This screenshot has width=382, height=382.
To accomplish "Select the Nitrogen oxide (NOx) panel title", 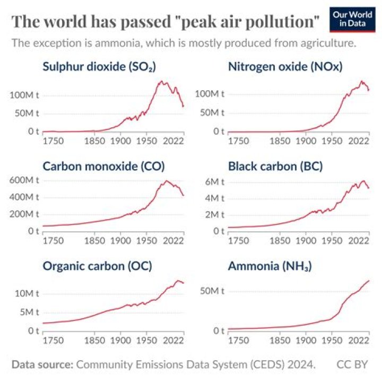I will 285,67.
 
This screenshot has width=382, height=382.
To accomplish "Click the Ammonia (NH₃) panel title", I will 270,266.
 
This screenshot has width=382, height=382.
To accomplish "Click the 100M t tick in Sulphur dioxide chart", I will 24,94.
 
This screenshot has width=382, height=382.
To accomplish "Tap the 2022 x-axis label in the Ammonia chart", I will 359,340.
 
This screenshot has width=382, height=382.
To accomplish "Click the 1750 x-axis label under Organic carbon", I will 53,340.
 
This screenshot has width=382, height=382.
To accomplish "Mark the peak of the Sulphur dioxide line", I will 161,82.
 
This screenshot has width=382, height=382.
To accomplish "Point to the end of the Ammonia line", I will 369,281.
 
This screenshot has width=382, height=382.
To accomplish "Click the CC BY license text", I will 352,364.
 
